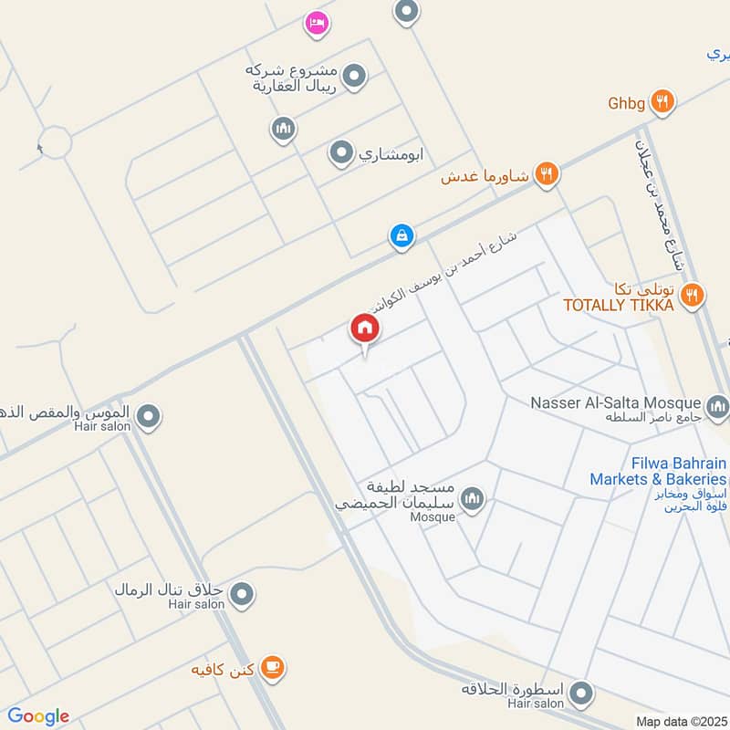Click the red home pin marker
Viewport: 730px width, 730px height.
[364, 329]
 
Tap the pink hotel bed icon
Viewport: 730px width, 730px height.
[317, 22]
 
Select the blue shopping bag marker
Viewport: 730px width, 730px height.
[401, 236]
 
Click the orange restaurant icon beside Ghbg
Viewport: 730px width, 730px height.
[663, 102]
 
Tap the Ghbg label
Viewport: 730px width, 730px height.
[627, 103]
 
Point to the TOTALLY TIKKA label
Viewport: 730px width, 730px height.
[618, 306]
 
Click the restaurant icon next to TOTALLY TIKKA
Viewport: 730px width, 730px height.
[693, 295]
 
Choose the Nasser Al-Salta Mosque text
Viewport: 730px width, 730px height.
[617, 402]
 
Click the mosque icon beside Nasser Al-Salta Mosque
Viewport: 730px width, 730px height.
[717, 403]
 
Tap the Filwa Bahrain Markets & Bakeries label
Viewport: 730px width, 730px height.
[658, 471]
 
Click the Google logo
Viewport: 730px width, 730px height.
[38, 716]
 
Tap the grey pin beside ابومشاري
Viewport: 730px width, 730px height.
[341, 151]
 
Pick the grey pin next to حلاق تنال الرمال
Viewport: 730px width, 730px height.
[241, 596]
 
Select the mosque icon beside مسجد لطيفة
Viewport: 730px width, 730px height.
[472, 498]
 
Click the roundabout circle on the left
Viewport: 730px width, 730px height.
[56, 143]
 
